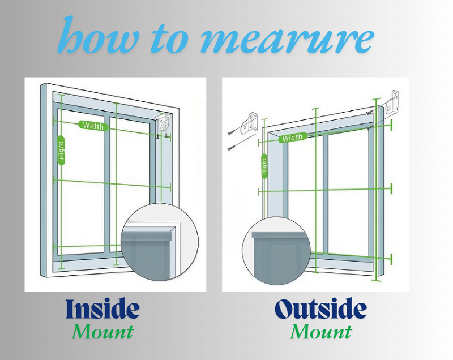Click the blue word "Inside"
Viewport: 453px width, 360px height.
click(102, 309)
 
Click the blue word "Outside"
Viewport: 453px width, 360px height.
click(320, 309)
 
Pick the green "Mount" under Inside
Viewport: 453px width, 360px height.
click(102, 331)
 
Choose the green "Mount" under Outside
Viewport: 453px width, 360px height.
click(320, 331)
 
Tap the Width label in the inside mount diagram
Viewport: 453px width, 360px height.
click(92, 125)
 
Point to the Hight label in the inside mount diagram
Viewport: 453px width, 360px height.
click(61, 151)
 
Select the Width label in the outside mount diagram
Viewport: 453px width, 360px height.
click(292, 138)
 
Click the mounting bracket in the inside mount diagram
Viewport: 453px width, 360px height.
click(165, 123)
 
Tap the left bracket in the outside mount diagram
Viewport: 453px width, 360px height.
click(250, 123)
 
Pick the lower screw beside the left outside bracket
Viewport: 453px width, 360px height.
click(233, 148)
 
